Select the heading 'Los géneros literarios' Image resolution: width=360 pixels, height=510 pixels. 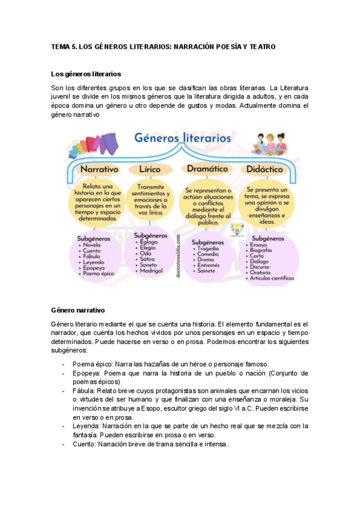coord(87,75)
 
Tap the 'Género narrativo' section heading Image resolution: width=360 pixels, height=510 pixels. coord(79,310)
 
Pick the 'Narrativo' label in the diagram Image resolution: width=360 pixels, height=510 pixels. coord(99,169)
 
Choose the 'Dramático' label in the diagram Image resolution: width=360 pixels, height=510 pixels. coord(206,169)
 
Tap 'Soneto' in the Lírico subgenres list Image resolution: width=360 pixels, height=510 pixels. coord(149,265)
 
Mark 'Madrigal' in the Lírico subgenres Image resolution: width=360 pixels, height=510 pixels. coord(152,272)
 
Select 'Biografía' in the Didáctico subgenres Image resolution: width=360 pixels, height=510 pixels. coord(264,251)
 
